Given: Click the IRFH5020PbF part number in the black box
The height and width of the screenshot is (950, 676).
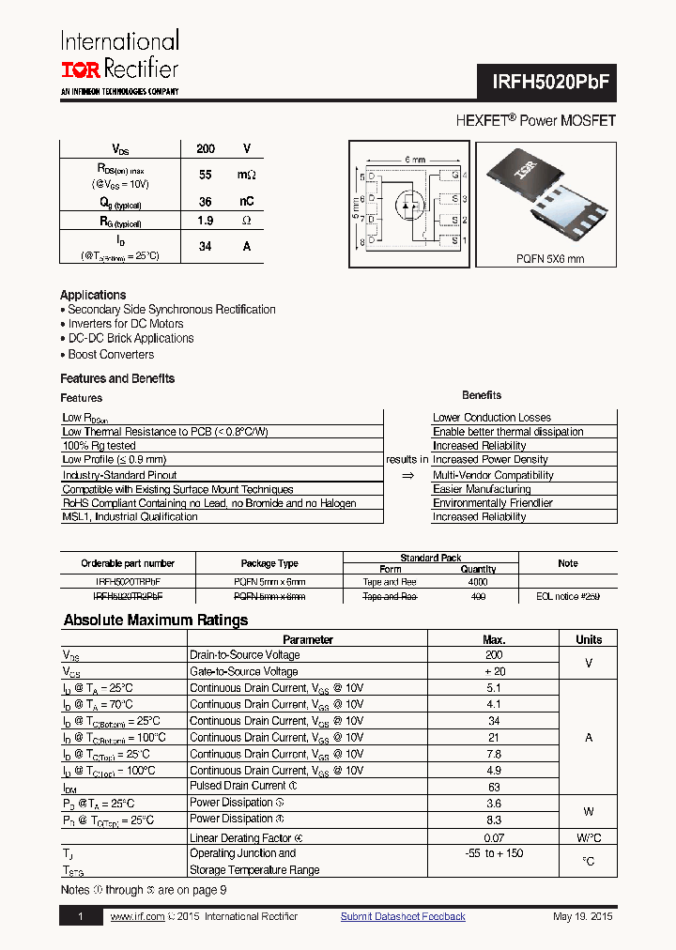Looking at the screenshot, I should [x=552, y=83].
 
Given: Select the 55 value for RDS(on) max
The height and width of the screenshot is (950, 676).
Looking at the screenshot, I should [x=206, y=176].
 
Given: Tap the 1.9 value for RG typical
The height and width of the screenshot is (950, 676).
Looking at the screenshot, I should [x=206, y=221].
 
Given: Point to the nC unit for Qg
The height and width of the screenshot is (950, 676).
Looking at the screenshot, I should [x=247, y=202].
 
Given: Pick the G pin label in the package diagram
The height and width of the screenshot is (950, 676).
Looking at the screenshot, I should [x=454, y=176].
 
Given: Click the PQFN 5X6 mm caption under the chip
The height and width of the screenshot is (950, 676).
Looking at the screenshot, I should [x=549, y=259].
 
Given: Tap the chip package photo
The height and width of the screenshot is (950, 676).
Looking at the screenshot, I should [x=549, y=195].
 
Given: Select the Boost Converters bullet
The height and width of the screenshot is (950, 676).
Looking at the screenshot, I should [x=111, y=355].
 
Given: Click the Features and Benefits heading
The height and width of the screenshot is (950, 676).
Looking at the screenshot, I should [x=117, y=378].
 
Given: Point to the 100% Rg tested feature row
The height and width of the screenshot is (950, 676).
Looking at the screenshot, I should [x=99, y=446].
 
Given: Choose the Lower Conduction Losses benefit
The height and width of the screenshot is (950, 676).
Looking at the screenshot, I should [x=491, y=418].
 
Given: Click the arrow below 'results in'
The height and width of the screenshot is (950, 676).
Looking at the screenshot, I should [x=407, y=476].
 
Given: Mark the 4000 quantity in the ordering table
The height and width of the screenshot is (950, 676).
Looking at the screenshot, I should [x=479, y=582].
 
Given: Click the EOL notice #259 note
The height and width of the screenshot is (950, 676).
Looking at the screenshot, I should [x=567, y=597].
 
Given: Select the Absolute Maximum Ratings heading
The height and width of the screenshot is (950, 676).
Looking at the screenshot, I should [x=156, y=621].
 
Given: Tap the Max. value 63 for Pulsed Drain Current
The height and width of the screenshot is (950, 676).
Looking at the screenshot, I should [x=494, y=787].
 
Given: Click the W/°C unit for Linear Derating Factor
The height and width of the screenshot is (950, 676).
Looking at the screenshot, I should [x=589, y=837].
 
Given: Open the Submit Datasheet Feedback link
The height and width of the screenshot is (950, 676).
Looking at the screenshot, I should [x=403, y=917].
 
